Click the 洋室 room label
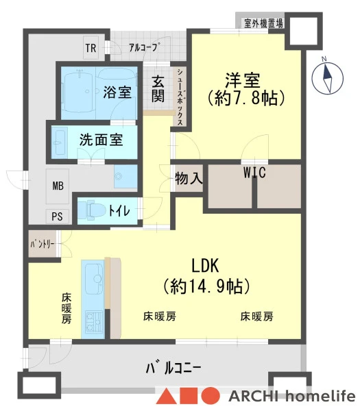tap(243, 80)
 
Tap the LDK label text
tap(205, 265)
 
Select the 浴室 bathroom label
tap(117, 92)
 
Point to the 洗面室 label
tap(101, 140)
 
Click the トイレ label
tap(119, 210)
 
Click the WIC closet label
tap(254, 172)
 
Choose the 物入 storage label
tap(189, 179)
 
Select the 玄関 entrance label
tap(158, 88)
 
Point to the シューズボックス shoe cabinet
tap(180, 97)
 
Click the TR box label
tap(91, 48)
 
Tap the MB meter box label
tap(58, 186)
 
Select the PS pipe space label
tap(57, 216)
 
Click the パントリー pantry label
tap(43, 245)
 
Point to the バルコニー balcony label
tap(173, 367)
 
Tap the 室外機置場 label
tap(264, 23)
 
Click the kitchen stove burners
tap(94, 321)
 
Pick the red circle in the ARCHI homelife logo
tap(211, 395)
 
